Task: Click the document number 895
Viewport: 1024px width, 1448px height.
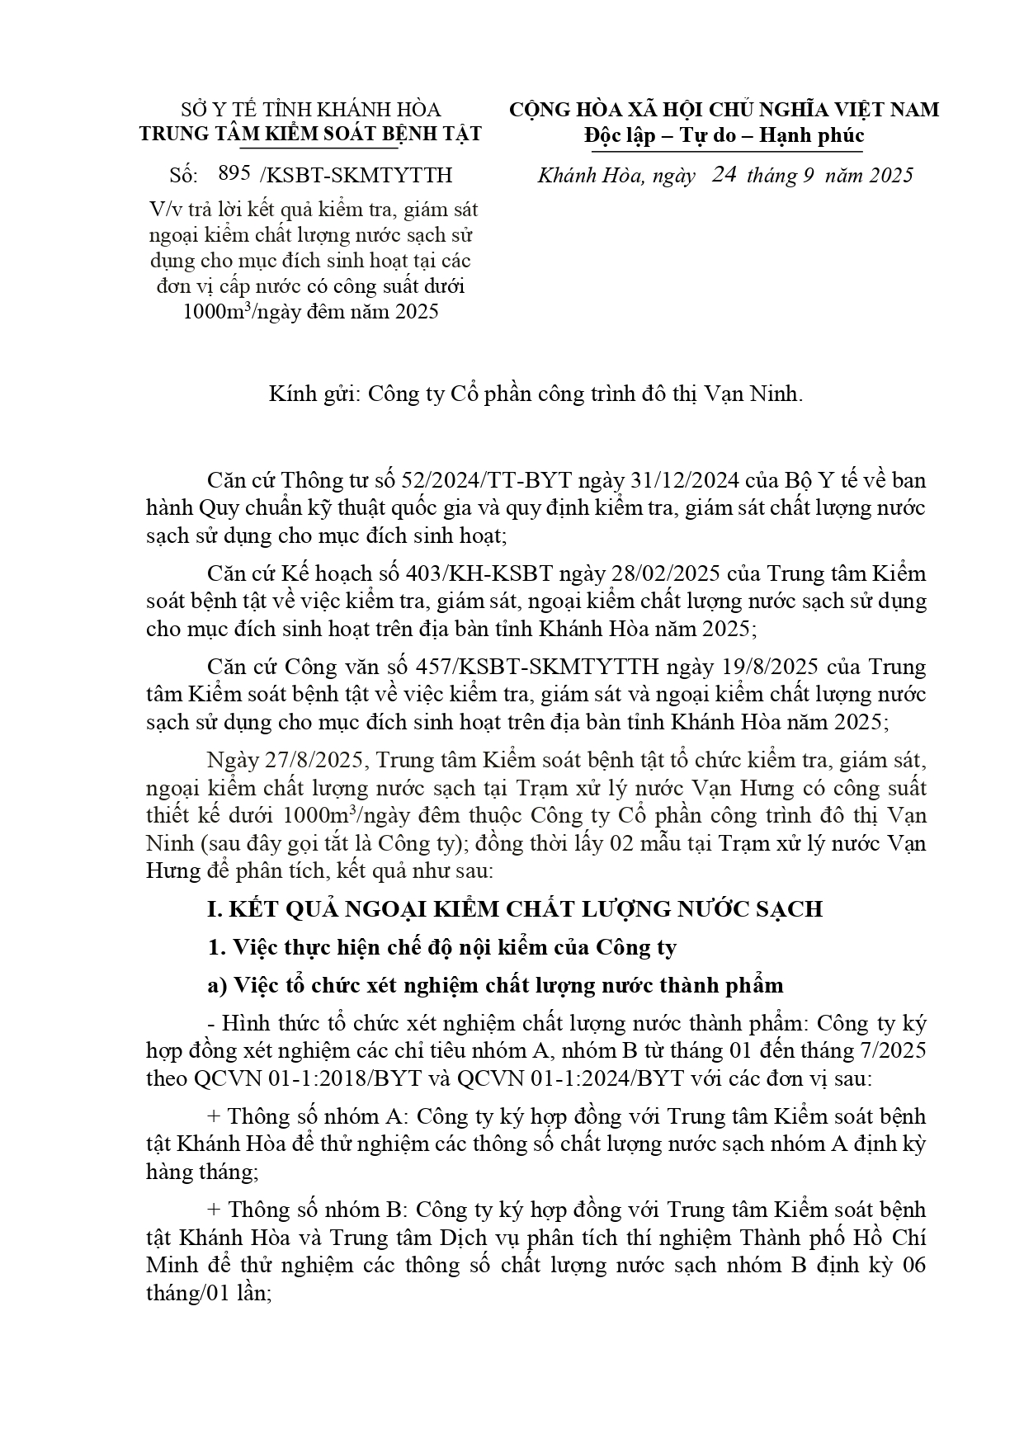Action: (x=234, y=174)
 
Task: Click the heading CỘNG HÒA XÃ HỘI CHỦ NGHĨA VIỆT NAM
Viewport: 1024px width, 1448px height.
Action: (x=724, y=110)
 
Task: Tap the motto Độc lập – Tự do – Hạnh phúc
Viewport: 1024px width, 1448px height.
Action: (x=724, y=134)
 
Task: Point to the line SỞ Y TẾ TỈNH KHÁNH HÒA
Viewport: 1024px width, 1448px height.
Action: (x=310, y=110)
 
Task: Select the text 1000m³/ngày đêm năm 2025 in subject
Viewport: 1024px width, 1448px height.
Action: (x=310, y=313)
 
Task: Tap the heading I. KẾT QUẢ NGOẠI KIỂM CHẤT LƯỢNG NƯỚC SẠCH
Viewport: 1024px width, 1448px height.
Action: (x=515, y=909)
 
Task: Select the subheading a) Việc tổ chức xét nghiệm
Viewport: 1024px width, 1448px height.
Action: (x=495, y=985)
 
